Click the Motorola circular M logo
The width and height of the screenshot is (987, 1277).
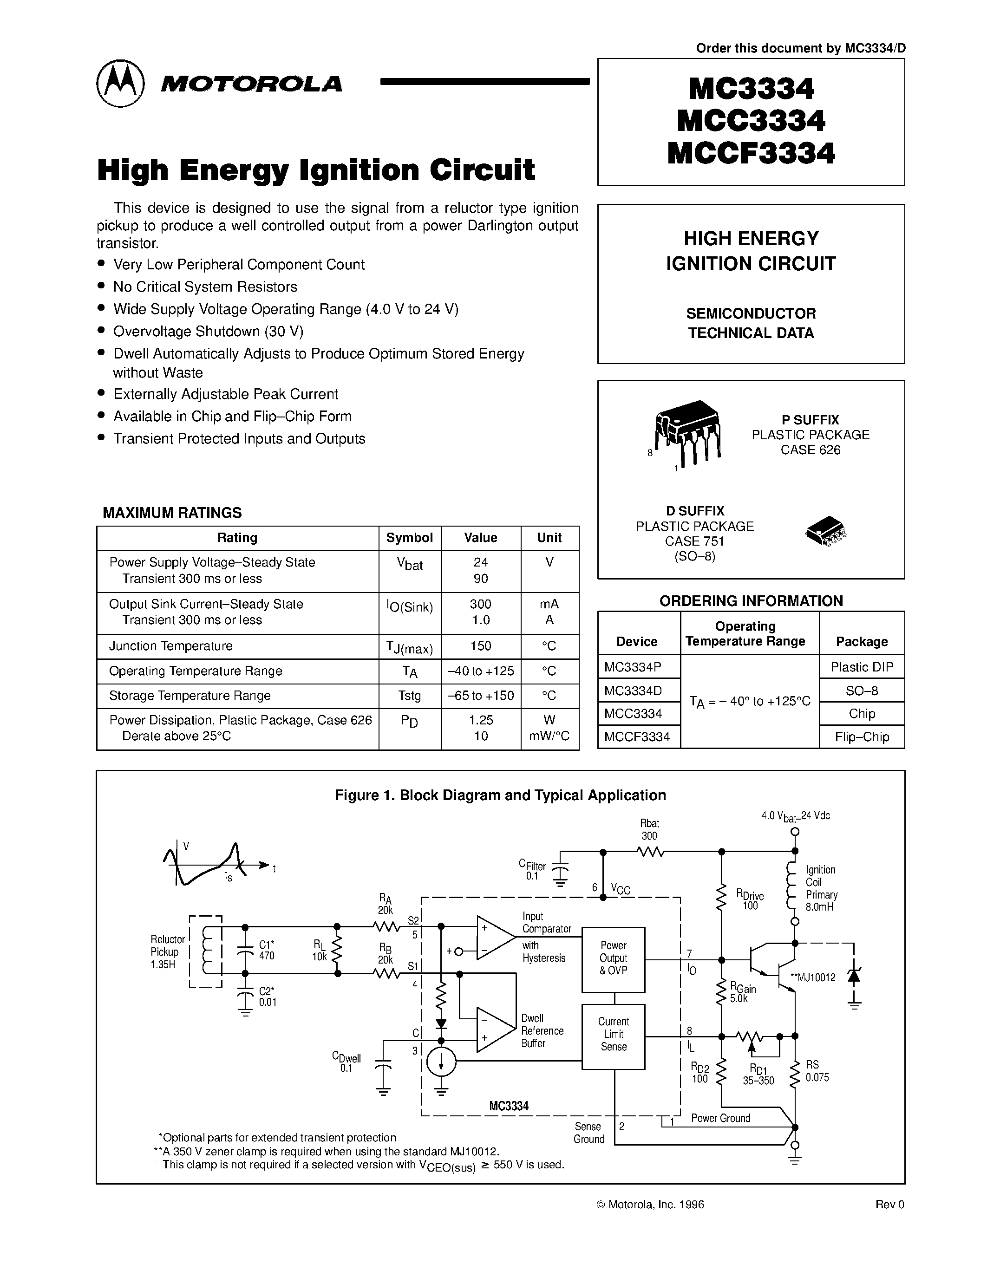pyautogui.click(x=120, y=83)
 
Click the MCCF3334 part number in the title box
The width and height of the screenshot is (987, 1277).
pyautogui.click(x=751, y=154)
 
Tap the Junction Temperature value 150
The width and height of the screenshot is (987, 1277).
pyautogui.click(x=481, y=646)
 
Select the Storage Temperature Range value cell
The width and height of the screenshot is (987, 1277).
pyautogui.click(x=481, y=696)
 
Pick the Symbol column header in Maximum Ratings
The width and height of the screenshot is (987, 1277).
pyautogui.click(x=409, y=538)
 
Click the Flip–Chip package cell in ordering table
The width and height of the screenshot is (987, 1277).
pyautogui.click(x=862, y=737)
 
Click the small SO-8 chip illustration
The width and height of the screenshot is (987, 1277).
pyautogui.click(x=826, y=531)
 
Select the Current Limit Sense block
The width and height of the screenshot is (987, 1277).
pyautogui.click(x=613, y=1036)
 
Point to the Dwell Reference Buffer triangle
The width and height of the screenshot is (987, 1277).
pyautogui.click(x=495, y=1029)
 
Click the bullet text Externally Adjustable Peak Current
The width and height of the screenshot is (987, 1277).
pyautogui.click(x=226, y=394)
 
